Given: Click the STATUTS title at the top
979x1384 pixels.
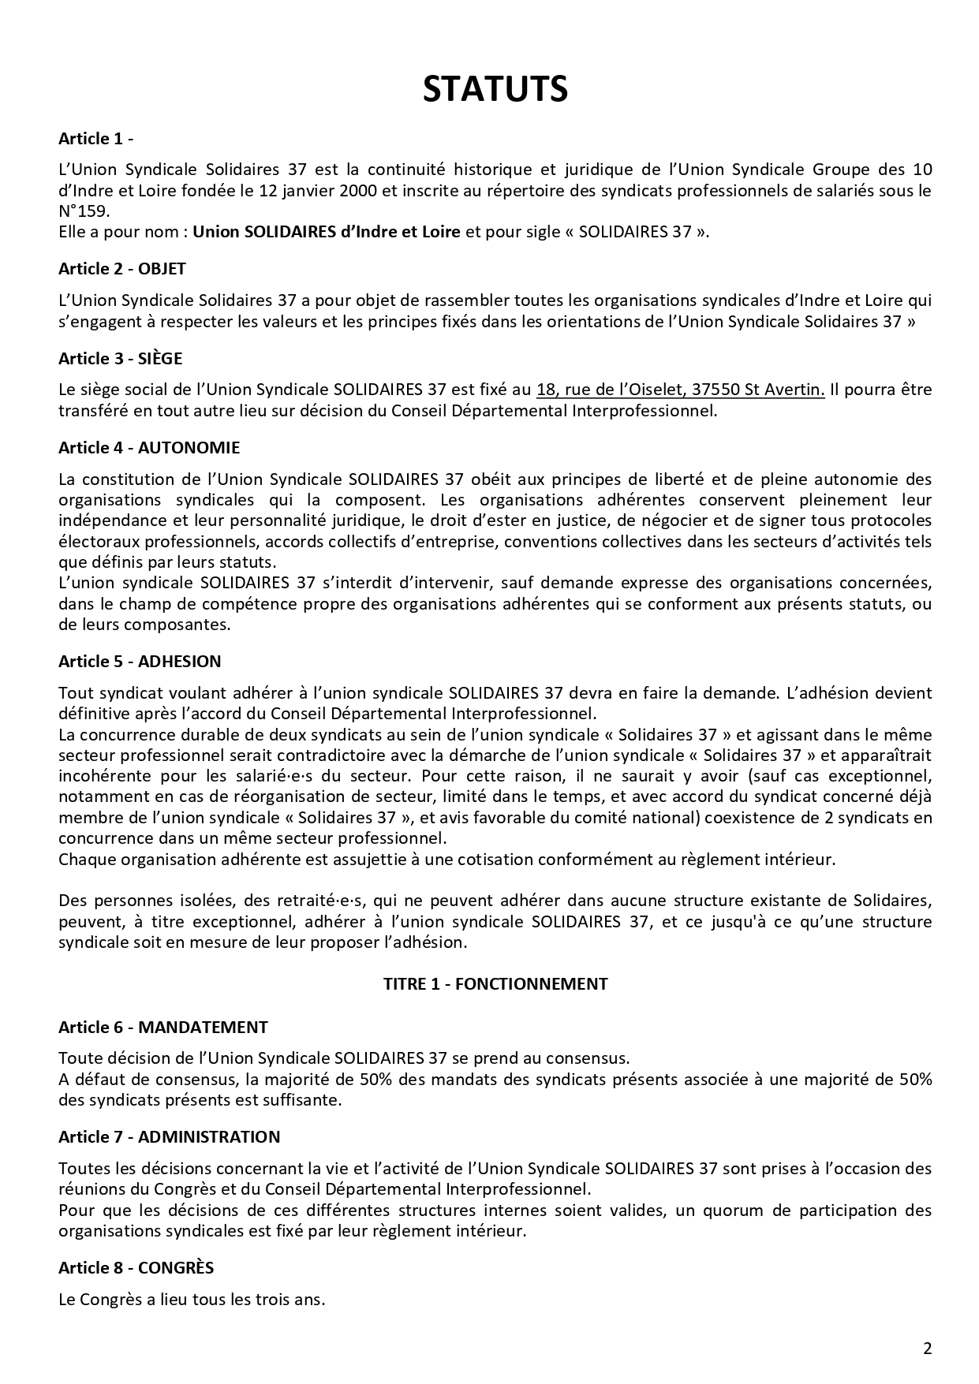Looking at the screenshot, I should click(495, 89).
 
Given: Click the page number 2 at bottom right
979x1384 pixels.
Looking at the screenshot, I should click(928, 1349).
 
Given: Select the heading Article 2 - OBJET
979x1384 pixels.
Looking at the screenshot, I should click(122, 269).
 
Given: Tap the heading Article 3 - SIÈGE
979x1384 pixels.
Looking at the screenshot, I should click(120, 359).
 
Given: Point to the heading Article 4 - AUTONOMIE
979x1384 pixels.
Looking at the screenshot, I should click(149, 448).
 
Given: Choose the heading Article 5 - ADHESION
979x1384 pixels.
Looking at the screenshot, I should click(140, 662).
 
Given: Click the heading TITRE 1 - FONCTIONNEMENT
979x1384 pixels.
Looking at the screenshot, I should click(495, 983).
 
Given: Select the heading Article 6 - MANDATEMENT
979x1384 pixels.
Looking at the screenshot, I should click(163, 1028).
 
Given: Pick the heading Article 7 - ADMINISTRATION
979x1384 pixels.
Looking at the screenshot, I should click(170, 1137).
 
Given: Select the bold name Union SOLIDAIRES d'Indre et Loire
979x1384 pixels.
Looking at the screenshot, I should click(327, 233).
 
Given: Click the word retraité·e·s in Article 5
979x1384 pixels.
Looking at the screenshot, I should click(312, 901).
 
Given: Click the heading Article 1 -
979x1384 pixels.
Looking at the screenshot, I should click(95, 139).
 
